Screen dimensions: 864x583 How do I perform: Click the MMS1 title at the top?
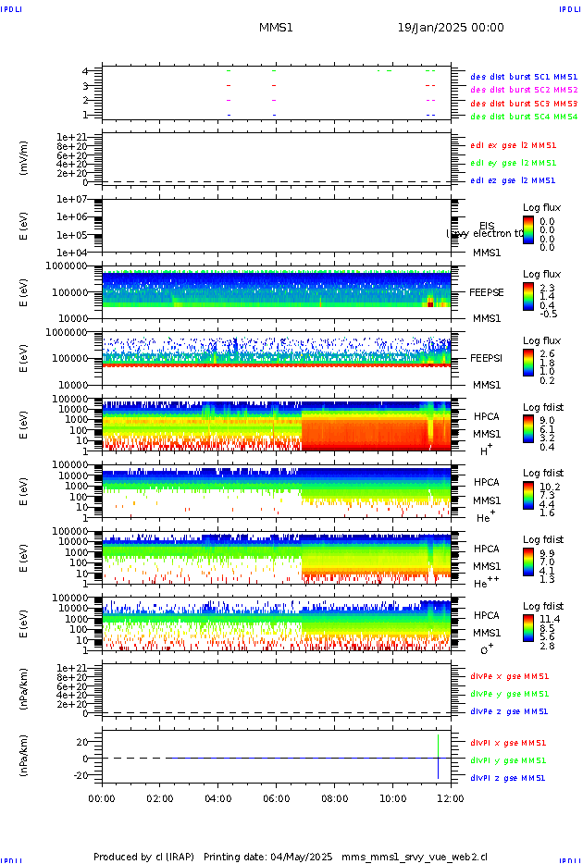(x=276, y=28)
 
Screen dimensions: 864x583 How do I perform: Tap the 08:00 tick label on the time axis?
(x=334, y=797)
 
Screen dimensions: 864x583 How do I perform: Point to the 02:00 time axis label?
(x=160, y=797)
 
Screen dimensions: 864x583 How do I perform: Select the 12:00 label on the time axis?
(x=451, y=797)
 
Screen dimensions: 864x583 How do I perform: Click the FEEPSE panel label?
(x=487, y=291)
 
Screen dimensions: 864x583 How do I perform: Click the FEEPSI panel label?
(x=487, y=357)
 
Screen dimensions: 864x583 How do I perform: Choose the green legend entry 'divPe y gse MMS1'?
(x=508, y=694)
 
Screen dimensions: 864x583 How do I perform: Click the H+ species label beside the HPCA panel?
(x=485, y=451)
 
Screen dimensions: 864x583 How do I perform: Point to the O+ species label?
(x=487, y=649)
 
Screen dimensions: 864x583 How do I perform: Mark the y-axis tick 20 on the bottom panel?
(x=82, y=741)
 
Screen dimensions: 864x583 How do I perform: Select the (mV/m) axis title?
(x=24, y=158)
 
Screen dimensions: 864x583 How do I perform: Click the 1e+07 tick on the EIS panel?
(x=71, y=199)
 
